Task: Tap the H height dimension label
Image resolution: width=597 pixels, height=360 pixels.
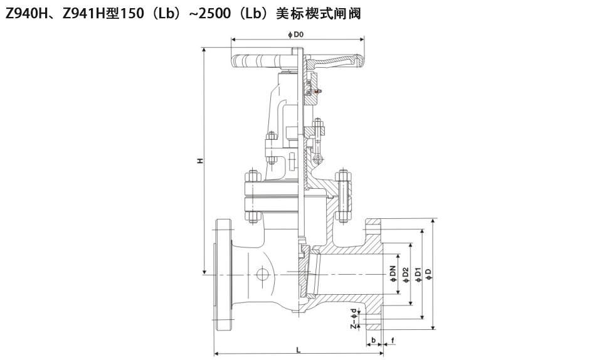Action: pos(200,161)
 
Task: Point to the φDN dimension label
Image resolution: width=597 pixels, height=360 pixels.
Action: pos(393,273)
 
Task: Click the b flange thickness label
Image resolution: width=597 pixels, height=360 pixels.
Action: pos(374,340)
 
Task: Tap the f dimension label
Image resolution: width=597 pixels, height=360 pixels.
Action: pos(393,340)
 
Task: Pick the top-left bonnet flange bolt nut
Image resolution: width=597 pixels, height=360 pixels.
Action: pos(253,176)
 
